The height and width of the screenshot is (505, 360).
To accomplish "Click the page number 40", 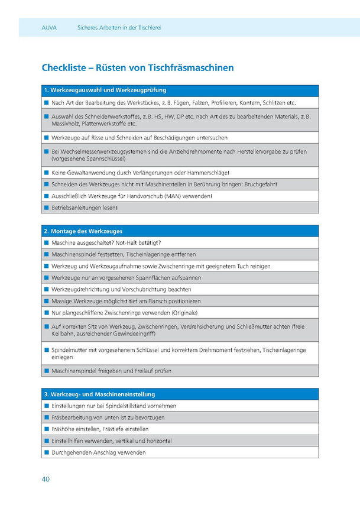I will [x=46, y=479].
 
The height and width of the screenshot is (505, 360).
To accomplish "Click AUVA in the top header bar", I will [x=49, y=28].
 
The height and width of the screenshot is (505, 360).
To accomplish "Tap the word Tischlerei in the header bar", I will [x=147, y=28].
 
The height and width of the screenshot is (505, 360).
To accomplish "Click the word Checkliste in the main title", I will [x=63, y=68].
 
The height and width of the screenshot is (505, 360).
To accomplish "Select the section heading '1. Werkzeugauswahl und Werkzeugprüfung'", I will [x=105, y=90].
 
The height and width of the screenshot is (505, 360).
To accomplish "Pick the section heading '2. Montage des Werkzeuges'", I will [x=83, y=231].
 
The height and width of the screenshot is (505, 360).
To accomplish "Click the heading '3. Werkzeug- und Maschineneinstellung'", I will [x=99, y=394].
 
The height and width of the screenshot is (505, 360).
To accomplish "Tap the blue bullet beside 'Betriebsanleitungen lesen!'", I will [x=46, y=208].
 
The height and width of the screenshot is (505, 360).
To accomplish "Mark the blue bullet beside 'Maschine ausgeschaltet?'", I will [x=46, y=242].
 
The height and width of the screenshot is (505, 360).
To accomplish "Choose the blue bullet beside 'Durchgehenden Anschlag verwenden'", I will [x=46, y=452].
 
